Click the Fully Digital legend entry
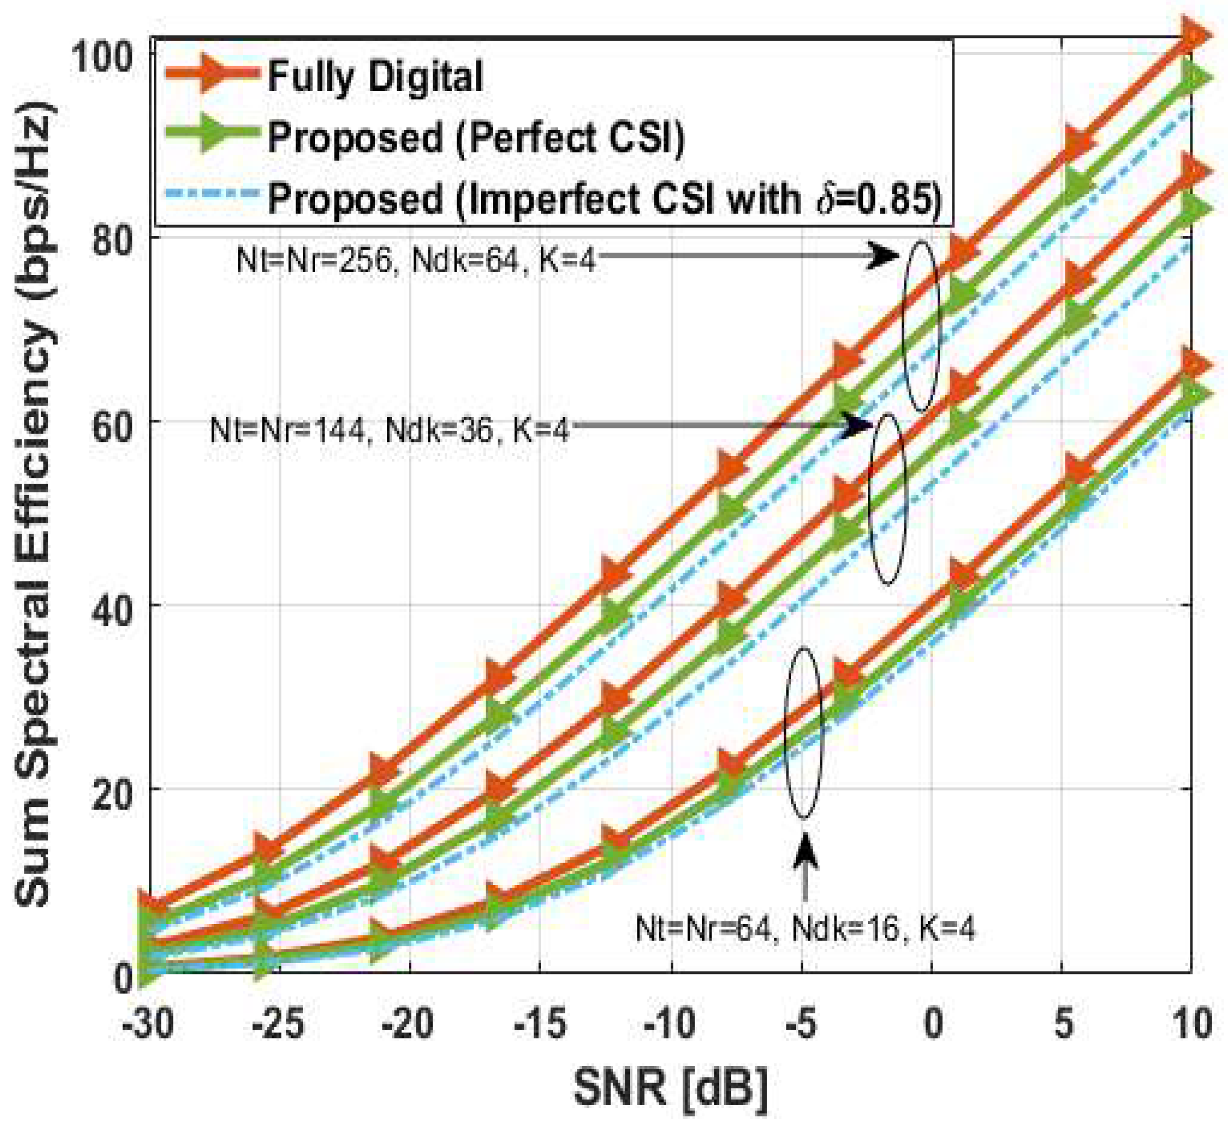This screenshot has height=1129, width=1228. (x=375, y=77)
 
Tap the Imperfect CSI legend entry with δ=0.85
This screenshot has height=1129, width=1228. (x=604, y=198)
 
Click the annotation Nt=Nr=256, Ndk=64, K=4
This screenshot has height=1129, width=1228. (x=415, y=261)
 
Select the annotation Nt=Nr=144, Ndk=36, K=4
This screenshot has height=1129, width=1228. (x=389, y=429)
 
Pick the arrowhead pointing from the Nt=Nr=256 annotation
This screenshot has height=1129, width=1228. (x=884, y=256)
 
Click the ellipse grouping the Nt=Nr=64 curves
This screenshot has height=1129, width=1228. (x=804, y=733)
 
